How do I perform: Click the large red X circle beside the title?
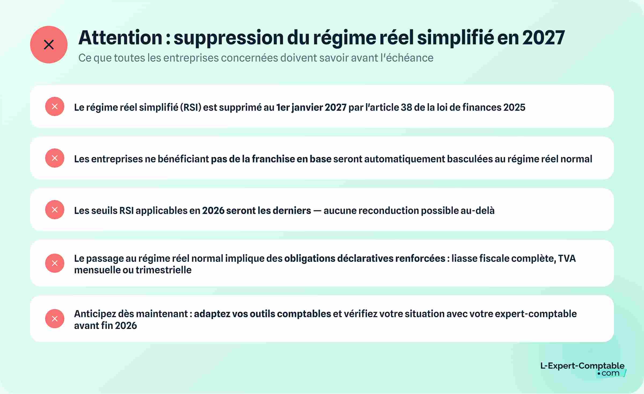pyautogui.click(x=49, y=45)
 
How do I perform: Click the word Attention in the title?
pyautogui.click(x=120, y=38)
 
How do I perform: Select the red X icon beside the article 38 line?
pyautogui.click(x=55, y=106)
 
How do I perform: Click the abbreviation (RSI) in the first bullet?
pyautogui.click(x=191, y=107)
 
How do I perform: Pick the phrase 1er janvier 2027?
pyautogui.click(x=311, y=107)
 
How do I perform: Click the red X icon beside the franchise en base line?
pyautogui.click(x=55, y=158)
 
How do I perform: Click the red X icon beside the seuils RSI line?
pyautogui.click(x=55, y=210)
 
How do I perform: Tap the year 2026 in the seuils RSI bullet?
pyautogui.click(x=213, y=210)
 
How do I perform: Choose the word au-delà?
pyautogui.click(x=478, y=210)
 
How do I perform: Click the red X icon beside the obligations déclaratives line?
pyautogui.click(x=55, y=263)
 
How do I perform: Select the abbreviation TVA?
pyautogui.click(x=567, y=258)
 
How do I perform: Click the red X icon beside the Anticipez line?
pyautogui.click(x=55, y=319)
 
